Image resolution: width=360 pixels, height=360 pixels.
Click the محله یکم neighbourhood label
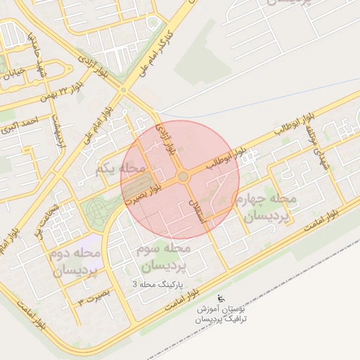point(121,169)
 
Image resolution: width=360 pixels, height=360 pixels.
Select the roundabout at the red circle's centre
point(183,176)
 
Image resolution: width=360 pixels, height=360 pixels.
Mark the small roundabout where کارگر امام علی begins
point(124,90)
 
